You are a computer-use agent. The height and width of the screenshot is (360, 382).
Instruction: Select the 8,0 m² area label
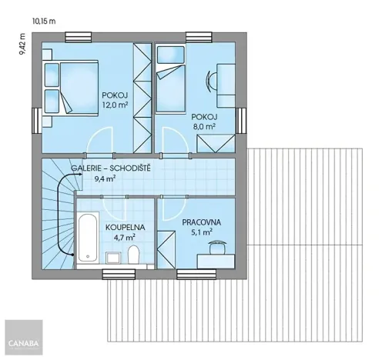(204, 127)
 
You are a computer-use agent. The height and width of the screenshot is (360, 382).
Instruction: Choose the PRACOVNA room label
(202, 222)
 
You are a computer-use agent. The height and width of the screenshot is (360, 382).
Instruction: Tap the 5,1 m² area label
(202, 232)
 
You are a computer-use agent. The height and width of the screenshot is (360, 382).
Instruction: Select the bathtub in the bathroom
(86, 232)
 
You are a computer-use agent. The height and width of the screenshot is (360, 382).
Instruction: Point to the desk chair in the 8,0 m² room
(210, 79)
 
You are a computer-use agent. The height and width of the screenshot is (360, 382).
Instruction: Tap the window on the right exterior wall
(241, 120)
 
